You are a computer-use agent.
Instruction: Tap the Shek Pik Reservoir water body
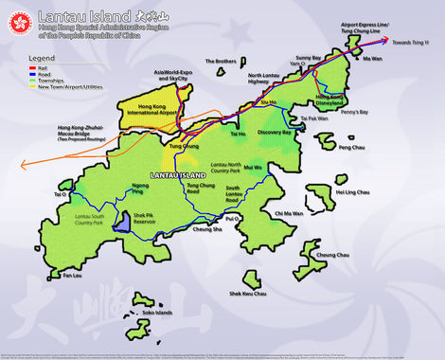pos(122,223)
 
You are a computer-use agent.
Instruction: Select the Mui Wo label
pos(279,167)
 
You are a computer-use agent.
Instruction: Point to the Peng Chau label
pos(350,148)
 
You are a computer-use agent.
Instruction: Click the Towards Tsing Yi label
pos(415,43)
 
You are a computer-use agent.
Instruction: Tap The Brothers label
pos(220,62)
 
